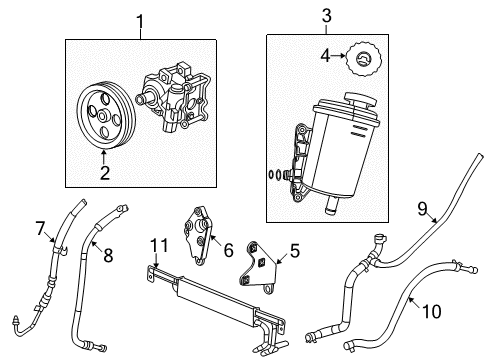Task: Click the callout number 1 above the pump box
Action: click(140, 20)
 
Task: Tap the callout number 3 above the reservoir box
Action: click(325, 16)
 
